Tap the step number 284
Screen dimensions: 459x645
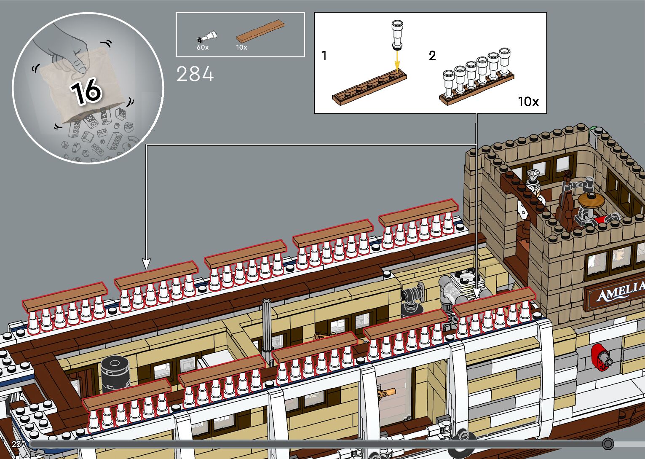[195, 74]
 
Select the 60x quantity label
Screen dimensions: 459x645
[203, 48]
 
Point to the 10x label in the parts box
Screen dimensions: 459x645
[241, 48]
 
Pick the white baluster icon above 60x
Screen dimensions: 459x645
[207, 37]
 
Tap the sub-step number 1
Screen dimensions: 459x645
[324, 56]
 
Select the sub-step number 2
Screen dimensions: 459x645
[432, 56]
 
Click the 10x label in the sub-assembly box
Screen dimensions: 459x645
[528, 102]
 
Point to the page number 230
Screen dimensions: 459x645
[19, 444]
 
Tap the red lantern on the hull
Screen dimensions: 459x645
[600, 357]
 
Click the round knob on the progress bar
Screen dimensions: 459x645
[608, 443]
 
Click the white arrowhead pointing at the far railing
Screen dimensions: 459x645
[146, 264]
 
